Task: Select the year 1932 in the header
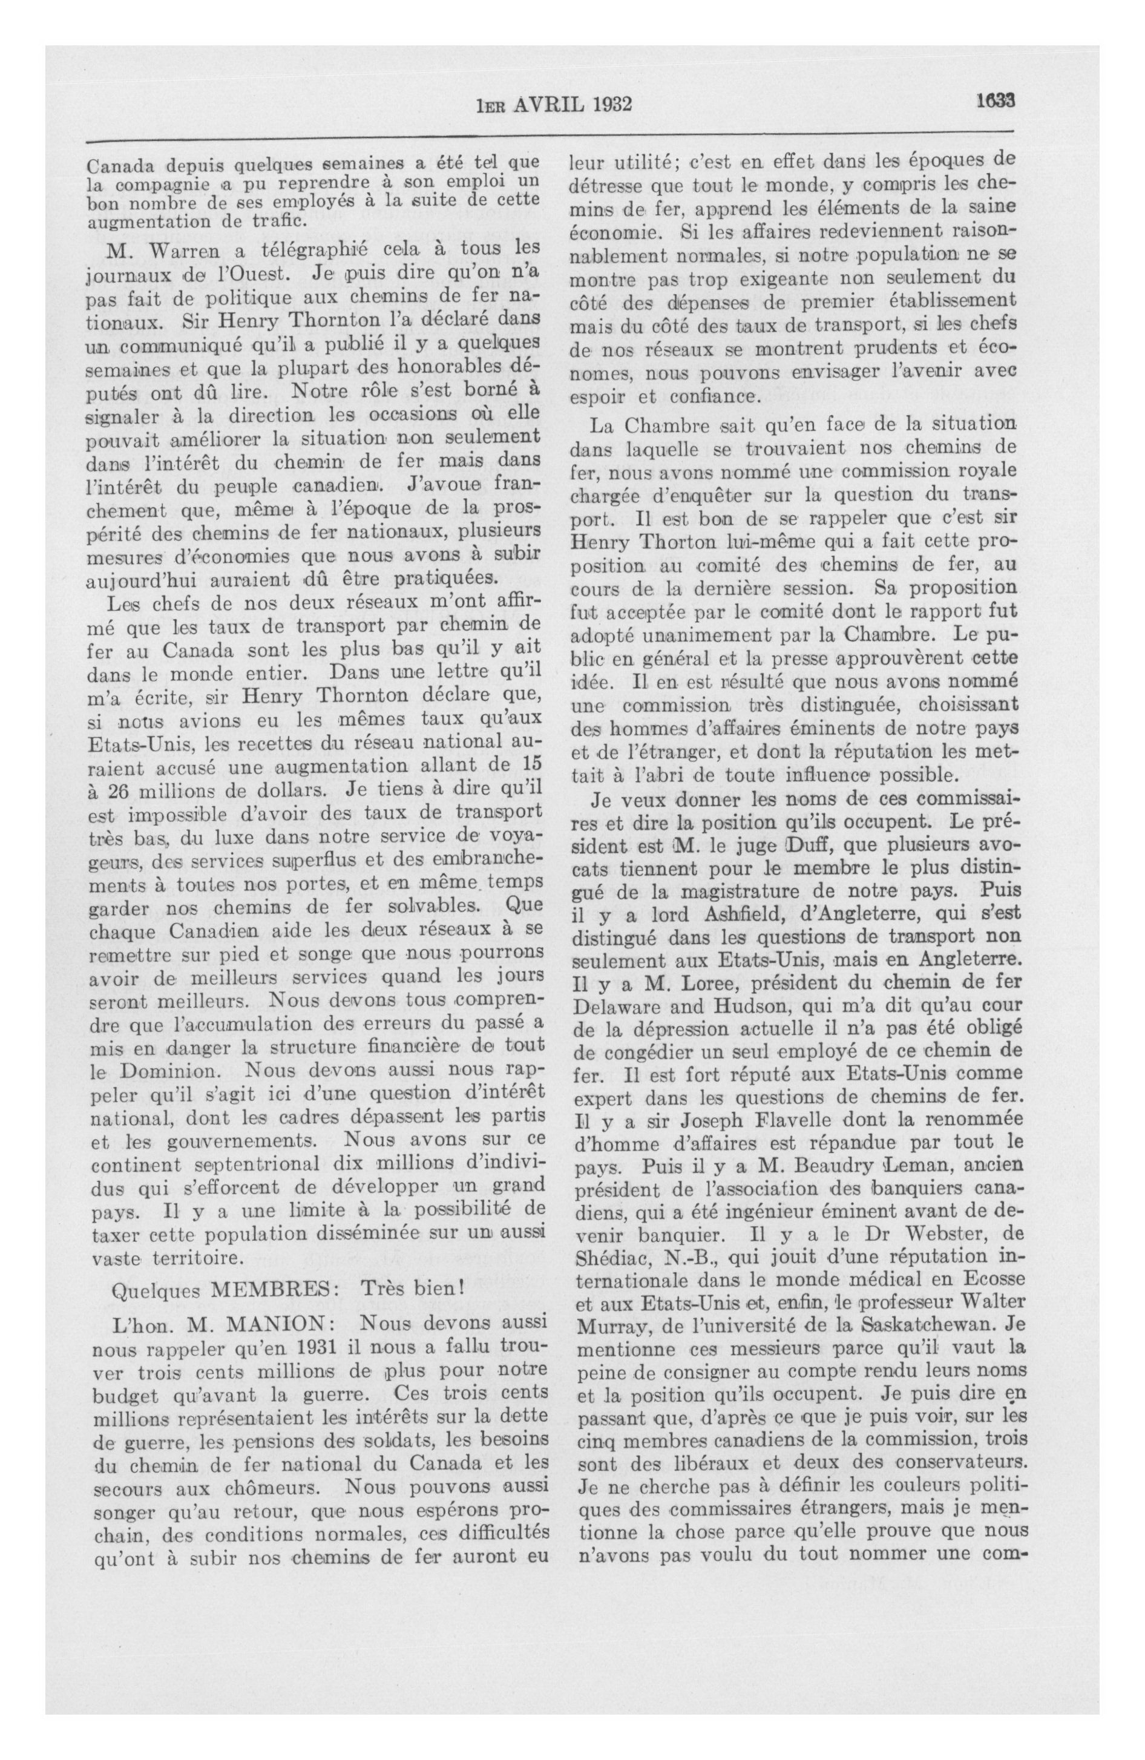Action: (612, 103)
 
